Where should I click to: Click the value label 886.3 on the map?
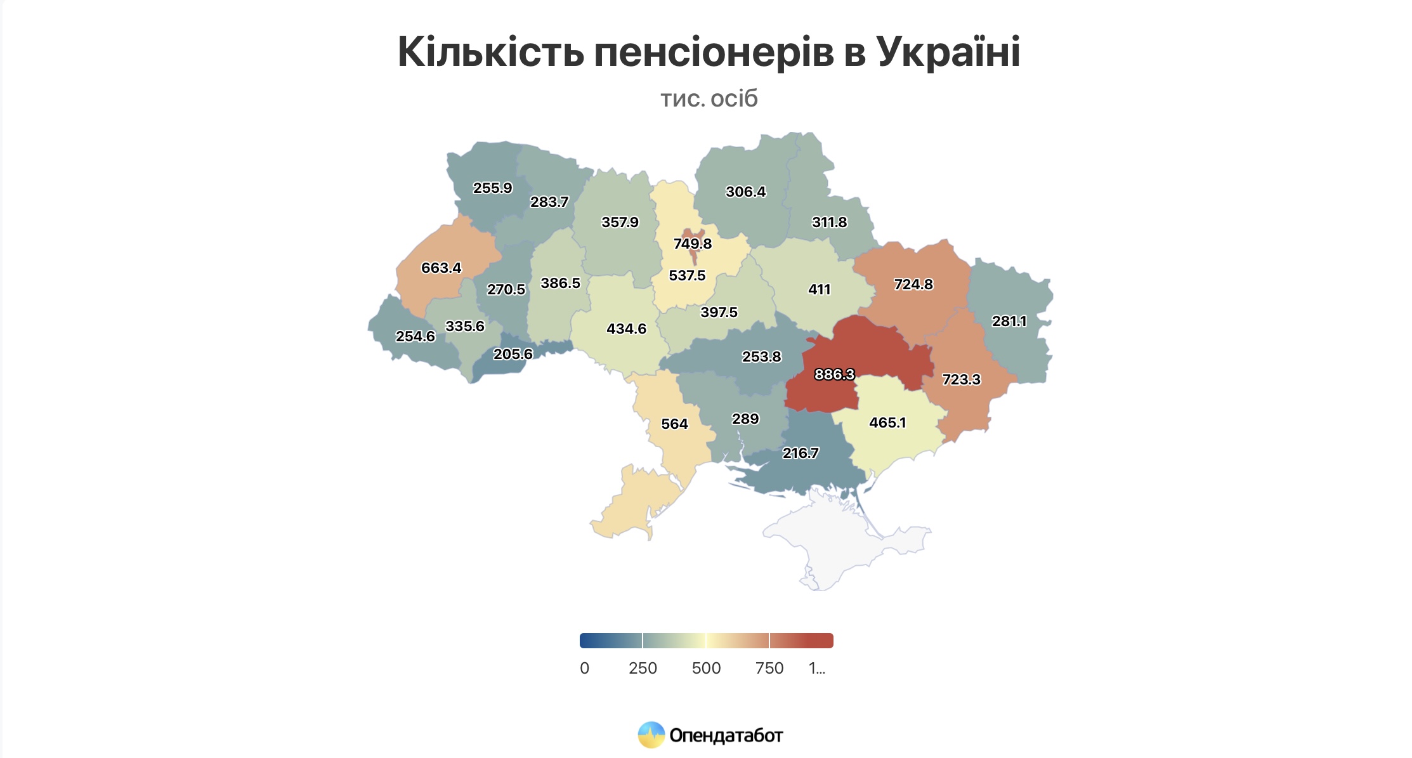click(x=834, y=374)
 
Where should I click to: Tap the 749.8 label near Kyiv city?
click(x=692, y=244)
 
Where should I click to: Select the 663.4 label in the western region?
click(x=441, y=268)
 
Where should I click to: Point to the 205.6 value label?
click(x=513, y=354)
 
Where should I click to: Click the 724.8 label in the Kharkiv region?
click(x=913, y=284)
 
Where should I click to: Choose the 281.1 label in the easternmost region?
click(x=1009, y=321)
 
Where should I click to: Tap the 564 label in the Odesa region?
click(x=674, y=424)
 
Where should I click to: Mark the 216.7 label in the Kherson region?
click(x=800, y=453)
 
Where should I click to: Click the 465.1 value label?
click(x=887, y=422)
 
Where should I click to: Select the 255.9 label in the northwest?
click(x=492, y=188)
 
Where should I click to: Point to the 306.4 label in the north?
click(x=745, y=192)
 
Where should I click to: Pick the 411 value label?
click(x=819, y=289)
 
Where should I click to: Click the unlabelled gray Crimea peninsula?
click(x=837, y=546)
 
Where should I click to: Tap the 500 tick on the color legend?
click(x=706, y=668)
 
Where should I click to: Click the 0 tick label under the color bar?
click(x=584, y=668)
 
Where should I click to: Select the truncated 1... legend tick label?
click(x=817, y=668)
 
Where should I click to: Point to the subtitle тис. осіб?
click(x=709, y=98)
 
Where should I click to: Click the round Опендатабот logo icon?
click(x=651, y=735)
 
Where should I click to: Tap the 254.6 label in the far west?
click(x=415, y=336)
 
